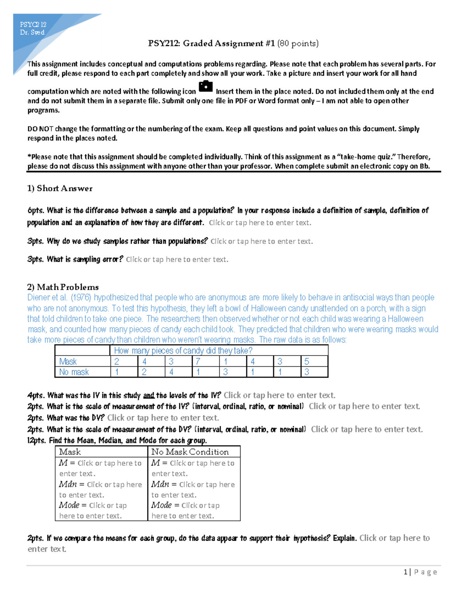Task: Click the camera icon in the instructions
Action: point(205,86)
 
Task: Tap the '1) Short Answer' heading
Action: point(60,189)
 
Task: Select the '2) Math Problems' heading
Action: point(63,287)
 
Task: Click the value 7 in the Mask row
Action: point(198,362)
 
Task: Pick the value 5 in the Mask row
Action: point(307,362)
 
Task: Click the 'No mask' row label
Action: point(74,372)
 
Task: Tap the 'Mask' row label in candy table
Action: point(68,362)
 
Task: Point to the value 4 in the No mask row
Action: point(171,372)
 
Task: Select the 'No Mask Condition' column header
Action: point(190,452)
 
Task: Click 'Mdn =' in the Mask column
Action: point(71,485)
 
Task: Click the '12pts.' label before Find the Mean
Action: point(37,441)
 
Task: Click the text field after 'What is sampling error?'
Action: point(177,259)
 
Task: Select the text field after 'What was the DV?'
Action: point(163,418)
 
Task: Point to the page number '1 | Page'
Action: point(420,572)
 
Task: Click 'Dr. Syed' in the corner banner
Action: point(32,33)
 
